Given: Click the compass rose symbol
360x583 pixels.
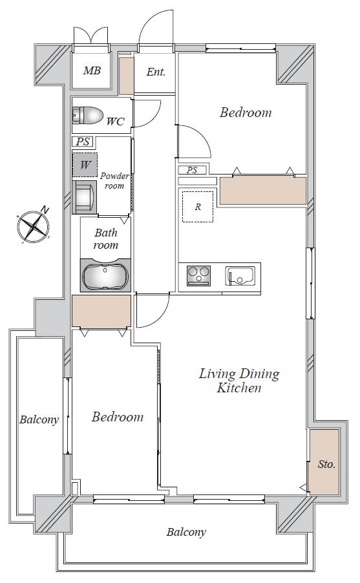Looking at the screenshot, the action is tap(34, 226).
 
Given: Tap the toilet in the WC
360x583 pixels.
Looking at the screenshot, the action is tap(87, 115).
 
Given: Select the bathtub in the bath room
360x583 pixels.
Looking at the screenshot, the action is tap(105, 275).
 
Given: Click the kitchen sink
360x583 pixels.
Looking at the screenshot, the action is tap(240, 275).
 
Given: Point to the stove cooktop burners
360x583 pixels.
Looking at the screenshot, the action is tap(199, 275).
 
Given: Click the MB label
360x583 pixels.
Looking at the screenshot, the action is tap(92, 70).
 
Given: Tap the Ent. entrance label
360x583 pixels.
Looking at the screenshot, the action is tap(156, 72).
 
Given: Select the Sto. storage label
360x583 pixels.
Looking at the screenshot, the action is tap(326, 464).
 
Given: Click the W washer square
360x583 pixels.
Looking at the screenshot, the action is tap(85, 165).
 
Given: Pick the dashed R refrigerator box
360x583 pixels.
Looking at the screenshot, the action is tap(198, 207).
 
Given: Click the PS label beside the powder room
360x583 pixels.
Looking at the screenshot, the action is tap(83, 142).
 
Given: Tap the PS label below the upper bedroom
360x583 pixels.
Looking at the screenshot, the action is tap(192, 170).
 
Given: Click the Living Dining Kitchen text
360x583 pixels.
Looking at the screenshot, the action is tap(239, 381).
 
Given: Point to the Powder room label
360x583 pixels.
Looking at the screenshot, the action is tap(114, 180).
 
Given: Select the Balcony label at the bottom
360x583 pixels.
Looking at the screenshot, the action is tap(186, 533).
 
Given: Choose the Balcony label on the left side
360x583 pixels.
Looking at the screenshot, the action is tap(39, 419).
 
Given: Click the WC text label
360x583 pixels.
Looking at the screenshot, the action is tap(115, 122).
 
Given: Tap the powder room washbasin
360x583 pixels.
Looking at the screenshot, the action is tap(84, 197).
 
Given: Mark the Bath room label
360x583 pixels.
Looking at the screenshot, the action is tap(106, 239).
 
